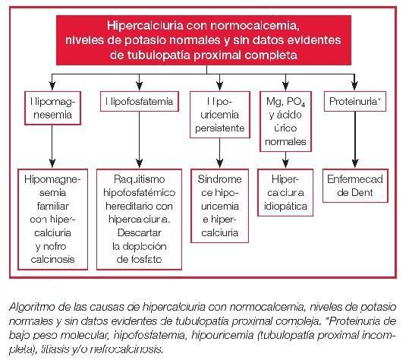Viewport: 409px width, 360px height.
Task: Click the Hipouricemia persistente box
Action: [x=218, y=115]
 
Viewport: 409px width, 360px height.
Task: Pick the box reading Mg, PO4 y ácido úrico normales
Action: [x=288, y=122]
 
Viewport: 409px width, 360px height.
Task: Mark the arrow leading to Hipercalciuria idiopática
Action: [x=288, y=160]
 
